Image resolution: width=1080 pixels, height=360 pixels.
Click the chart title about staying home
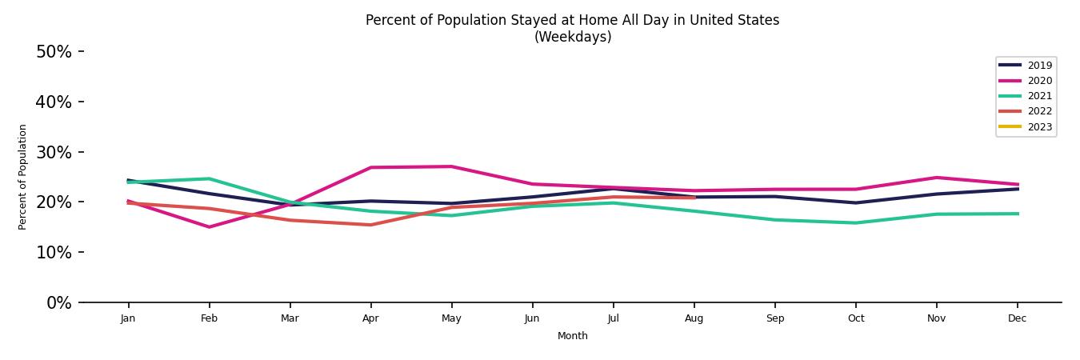coord(572,20)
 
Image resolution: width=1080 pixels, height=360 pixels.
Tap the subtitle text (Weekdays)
coord(572,37)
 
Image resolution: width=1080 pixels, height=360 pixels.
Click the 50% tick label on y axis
coord(54,52)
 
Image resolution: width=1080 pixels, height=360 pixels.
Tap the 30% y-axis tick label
coord(54,152)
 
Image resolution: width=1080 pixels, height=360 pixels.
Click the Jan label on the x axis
coord(128,318)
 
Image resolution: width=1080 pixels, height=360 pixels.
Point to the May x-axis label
coord(451,318)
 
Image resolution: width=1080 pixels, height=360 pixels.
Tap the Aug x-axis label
coord(694,318)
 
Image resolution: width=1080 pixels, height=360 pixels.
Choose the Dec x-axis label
coord(1017,318)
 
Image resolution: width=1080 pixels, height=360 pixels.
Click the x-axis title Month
coord(572,336)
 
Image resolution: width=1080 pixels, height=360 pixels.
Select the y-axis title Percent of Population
coord(23,177)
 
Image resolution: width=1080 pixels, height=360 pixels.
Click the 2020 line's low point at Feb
coord(209,227)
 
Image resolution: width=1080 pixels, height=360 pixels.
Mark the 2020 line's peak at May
coord(451,166)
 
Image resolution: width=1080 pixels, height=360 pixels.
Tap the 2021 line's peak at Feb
coord(209,178)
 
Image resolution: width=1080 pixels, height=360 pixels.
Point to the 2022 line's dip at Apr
coord(370,225)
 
